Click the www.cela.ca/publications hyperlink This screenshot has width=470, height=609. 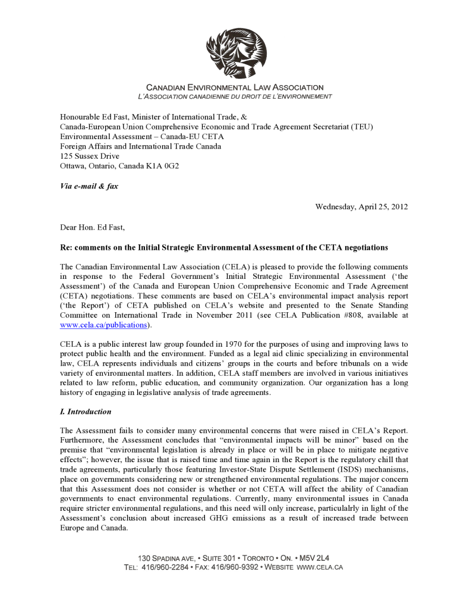click(103, 325)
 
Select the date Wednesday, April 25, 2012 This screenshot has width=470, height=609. click(361, 207)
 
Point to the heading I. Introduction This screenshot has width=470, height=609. click(86, 412)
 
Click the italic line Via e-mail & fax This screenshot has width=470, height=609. click(89, 186)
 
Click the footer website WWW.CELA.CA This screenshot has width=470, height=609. click(319, 567)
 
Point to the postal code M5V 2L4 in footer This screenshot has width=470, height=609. click(314, 558)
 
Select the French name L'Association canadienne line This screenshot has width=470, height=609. click(235, 96)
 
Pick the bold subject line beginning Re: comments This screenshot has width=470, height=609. click(224, 247)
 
